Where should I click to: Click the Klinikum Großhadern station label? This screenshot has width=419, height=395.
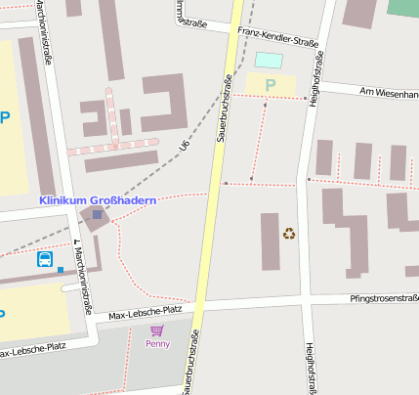tap(97, 200)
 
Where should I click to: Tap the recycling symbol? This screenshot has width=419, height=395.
tap(289, 233)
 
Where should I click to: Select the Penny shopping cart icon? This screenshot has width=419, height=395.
tap(156, 330)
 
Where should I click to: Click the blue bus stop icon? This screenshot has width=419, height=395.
tap(45, 259)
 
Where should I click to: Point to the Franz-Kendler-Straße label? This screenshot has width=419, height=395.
tap(278, 37)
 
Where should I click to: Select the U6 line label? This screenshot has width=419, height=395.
tap(184, 146)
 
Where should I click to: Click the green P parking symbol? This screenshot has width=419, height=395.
tap(271, 85)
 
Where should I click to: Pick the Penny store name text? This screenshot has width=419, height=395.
tap(157, 344)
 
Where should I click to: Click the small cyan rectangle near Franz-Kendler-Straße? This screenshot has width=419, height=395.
tap(267, 60)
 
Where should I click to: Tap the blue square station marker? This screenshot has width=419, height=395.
tap(97, 214)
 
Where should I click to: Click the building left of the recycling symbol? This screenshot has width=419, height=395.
tap(270, 241)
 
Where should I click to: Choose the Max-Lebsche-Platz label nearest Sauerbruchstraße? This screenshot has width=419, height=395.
tap(146, 312)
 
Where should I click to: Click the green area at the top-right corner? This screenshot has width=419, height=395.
tap(402, 7)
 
